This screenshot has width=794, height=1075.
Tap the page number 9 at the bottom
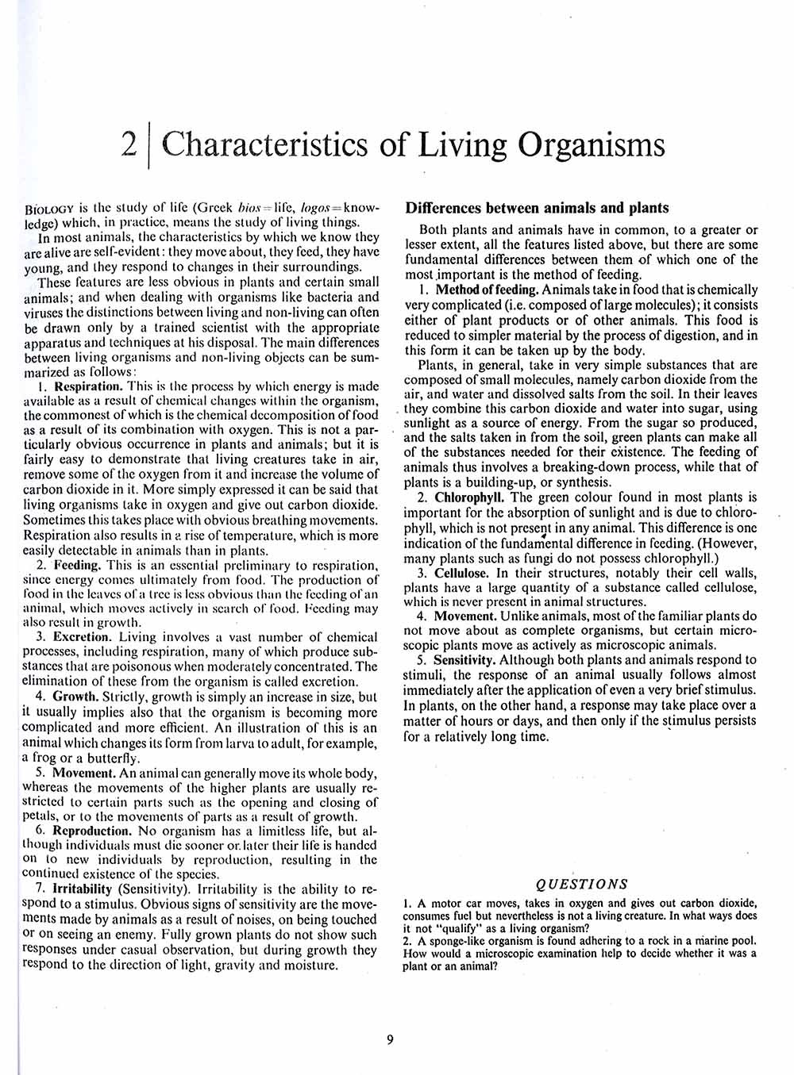390,1040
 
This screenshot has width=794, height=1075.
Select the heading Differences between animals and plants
537,209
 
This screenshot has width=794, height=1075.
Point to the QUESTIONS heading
582,885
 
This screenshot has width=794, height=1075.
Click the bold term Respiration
87,386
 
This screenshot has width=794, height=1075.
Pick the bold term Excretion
82,637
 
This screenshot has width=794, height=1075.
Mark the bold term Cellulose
462,573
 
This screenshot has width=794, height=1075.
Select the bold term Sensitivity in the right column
464,659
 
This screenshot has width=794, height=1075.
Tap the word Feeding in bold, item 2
77,566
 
